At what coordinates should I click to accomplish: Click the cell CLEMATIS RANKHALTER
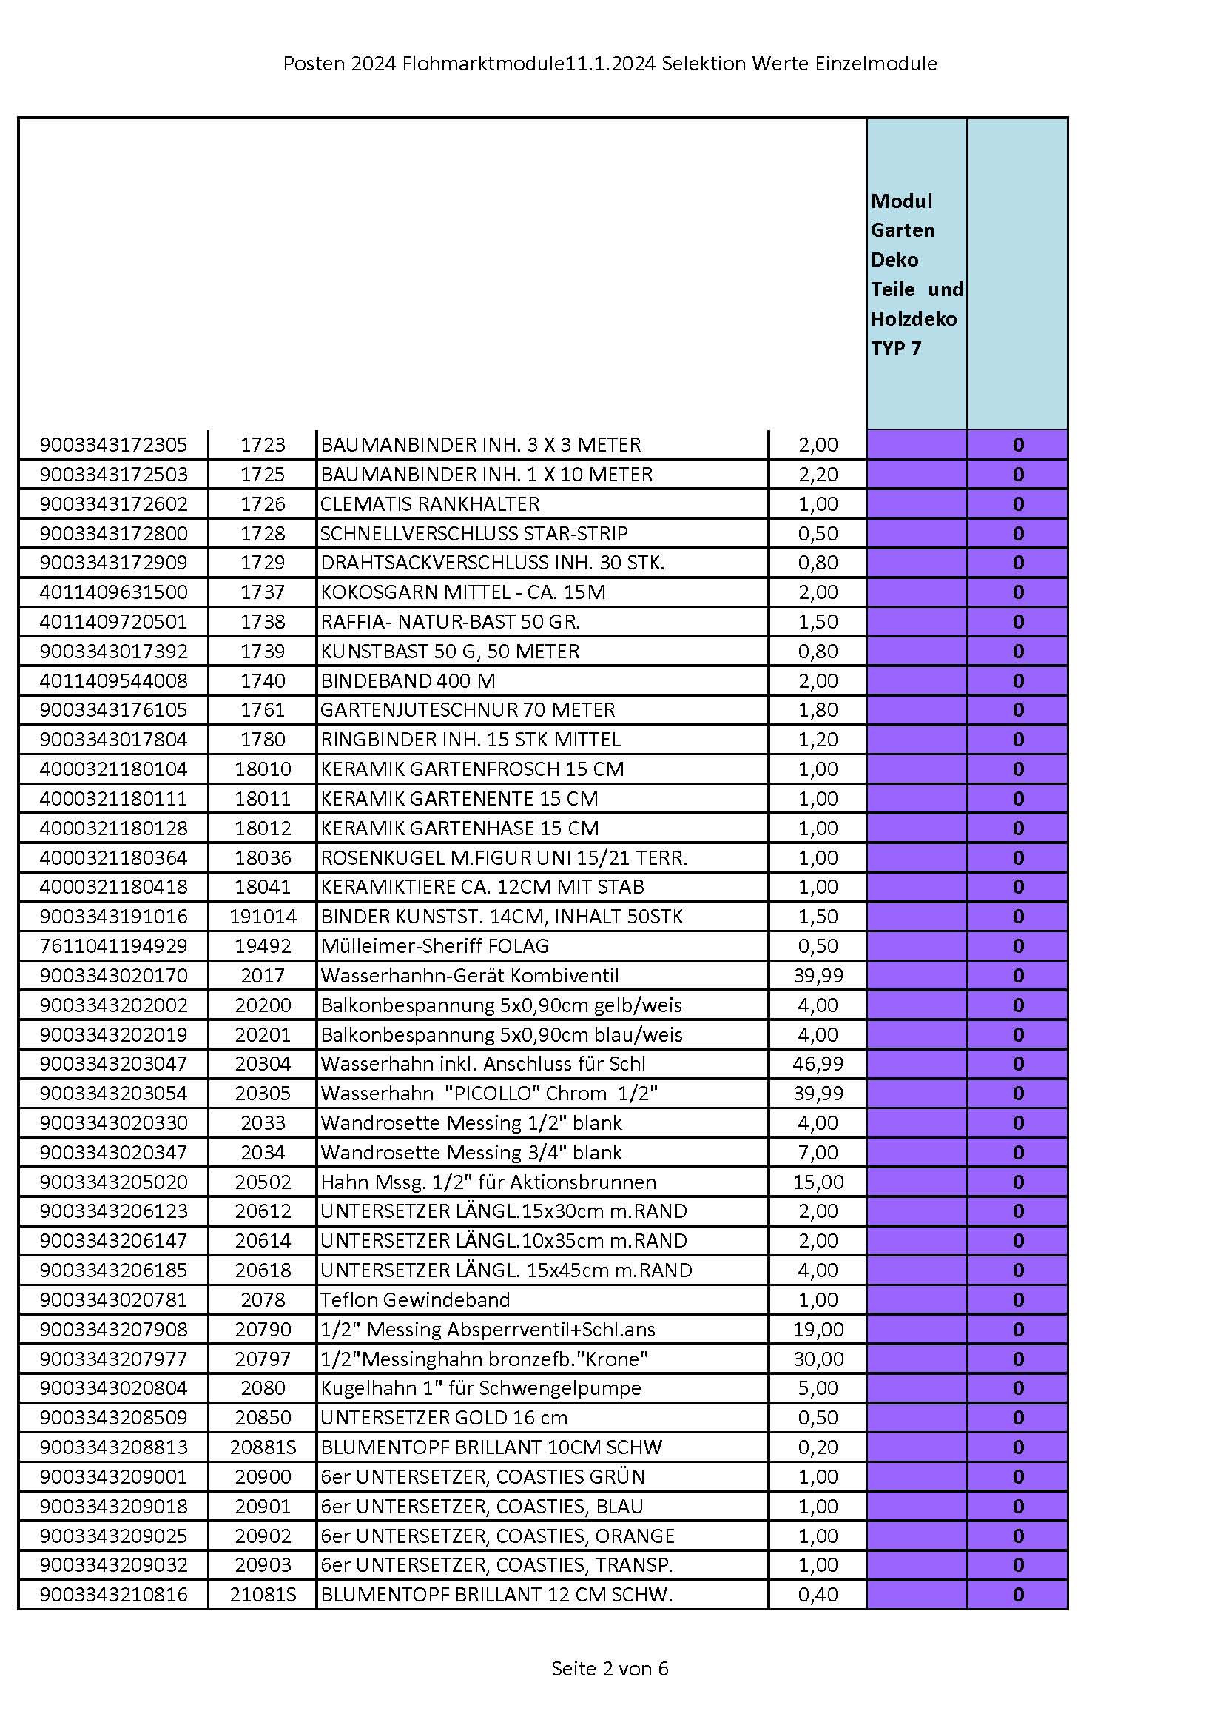tap(430, 503)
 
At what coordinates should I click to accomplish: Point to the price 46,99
tap(818, 1064)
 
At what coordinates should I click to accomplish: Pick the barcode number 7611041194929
tap(113, 945)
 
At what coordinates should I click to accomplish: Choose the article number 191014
tap(263, 916)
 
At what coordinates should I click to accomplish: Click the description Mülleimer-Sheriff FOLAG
tap(434, 945)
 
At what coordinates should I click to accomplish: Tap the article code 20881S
tap(263, 1447)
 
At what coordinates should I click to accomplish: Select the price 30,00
tap(818, 1359)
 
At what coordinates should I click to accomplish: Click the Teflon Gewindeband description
tap(414, 1300)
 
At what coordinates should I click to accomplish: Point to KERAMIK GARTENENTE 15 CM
tap(459, 798)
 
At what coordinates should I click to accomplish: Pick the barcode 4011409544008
tap(113, 681)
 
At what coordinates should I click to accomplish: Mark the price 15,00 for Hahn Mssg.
tap(818, 1182)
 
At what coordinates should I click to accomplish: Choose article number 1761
tap(263, 709)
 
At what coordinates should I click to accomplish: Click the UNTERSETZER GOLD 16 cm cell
tap(443, 1417)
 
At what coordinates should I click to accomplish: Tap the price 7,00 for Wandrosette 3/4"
tap(818, 1152)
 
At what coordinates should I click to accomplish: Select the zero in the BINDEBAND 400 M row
tap(1018, 681)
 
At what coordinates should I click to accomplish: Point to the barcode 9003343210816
tap(113, 1595)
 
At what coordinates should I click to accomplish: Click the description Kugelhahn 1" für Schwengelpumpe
tap(480, 1388)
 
